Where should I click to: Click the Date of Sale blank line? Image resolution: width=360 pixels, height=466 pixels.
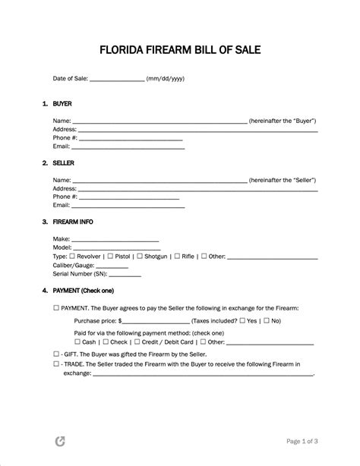pyautogui.click(x=117, y=79)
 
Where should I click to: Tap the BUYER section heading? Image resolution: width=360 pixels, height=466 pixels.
pyautogui.click(x=62, y=102)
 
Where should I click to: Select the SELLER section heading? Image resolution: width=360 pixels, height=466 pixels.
pyautogui.click(x=64, y=163)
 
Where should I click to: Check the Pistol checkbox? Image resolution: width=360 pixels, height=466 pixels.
pyautogui.click(x=111, y=257)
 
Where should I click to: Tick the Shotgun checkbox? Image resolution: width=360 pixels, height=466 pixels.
pyautogui.click(x=139, y=257)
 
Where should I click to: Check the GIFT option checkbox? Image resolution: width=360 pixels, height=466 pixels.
pyautogui.click(x=56, y=354)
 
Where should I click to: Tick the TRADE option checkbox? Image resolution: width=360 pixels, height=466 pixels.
pyautogui.click(x=56, y=364)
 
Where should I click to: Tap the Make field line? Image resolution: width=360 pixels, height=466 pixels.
pyautogui.click(x=115, y=240)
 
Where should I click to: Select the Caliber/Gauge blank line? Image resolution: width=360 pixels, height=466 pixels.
pyautogui.click(x=122, y=266)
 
